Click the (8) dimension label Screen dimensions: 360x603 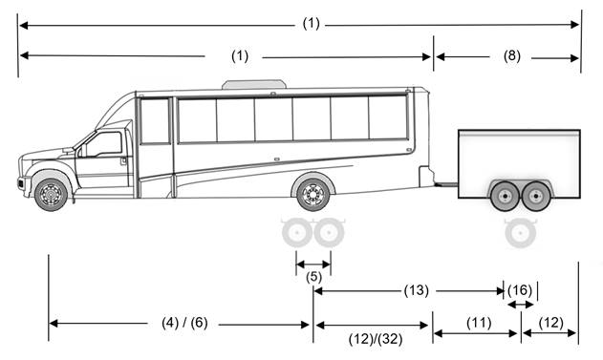(511, 56)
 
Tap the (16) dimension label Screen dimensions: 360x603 (520, 290)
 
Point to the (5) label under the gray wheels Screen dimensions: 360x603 (313, 278)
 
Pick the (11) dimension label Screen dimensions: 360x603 (478, 323)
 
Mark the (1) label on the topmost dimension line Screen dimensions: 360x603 (311, 24)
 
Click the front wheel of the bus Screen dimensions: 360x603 (51, 194)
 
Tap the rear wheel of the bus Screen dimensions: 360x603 (312, 194)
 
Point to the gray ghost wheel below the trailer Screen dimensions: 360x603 (520, 232)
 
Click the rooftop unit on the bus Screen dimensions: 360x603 (253, 84)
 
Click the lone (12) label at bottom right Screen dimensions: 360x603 (550, 323)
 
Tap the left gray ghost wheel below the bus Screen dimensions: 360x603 (297, 232)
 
